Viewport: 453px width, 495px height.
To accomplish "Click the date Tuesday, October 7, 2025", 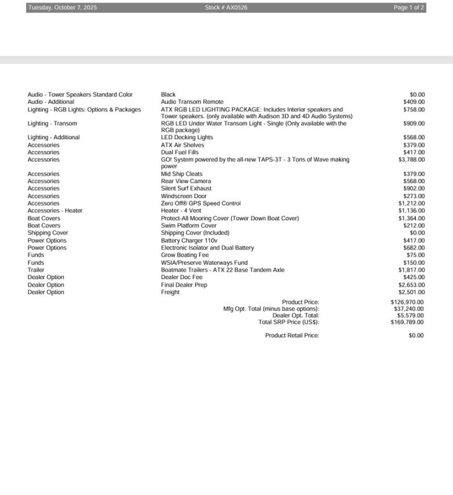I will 63,7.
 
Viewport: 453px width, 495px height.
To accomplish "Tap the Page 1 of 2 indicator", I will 409,7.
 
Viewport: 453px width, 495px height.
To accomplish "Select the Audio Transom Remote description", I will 192,102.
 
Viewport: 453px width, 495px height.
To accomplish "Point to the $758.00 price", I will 413,110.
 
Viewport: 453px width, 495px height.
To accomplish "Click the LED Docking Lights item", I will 187,137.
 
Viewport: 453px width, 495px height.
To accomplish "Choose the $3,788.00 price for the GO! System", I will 411,160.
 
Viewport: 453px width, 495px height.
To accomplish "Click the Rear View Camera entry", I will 186,181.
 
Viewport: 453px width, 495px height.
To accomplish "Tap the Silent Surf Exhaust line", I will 186,189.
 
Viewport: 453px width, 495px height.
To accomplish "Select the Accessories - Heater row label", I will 55,211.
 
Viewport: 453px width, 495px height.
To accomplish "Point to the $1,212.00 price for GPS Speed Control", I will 411,204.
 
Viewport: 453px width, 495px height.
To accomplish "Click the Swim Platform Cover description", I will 189,226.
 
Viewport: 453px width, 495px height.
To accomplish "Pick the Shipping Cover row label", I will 48,233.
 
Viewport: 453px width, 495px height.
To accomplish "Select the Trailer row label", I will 36,270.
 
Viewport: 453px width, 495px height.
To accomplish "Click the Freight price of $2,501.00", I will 411,293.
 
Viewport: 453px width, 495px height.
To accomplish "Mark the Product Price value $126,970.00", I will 408,302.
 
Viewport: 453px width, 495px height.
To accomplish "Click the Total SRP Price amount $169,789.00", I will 408,322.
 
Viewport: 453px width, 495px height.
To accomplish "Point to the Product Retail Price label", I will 292,335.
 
